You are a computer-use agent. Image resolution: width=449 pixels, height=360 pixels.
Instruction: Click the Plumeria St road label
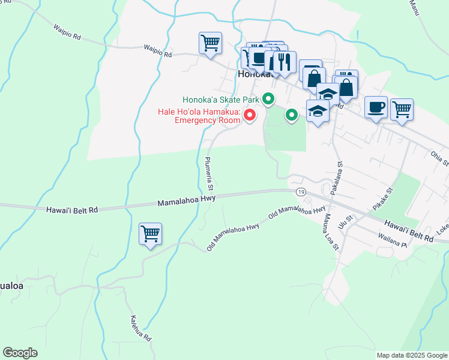click(x=210, y=175)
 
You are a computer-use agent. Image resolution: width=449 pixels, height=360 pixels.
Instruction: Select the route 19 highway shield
click(x=300, y=191)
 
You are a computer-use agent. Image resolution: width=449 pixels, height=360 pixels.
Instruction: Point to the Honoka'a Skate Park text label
click(x=221, y=100)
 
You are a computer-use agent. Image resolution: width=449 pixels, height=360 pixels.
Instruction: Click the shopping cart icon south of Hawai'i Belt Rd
click(x=149, y=233)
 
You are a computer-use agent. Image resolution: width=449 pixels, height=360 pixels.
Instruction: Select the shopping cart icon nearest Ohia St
click(x=402, y=109)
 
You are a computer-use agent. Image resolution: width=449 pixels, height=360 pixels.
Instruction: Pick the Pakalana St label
click(x=336, y=178)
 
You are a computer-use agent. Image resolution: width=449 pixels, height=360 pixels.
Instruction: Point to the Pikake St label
click(x=382, y=199)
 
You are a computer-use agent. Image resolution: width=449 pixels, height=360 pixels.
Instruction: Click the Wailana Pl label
click(x=393, y=241)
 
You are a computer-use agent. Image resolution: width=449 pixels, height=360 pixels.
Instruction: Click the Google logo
click(x=20, y=353)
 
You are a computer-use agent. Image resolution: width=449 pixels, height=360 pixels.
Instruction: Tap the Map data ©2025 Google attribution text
click(x=412, y=355)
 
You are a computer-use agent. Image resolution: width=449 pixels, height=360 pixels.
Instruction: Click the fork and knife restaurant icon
click(x=285, y=61)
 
